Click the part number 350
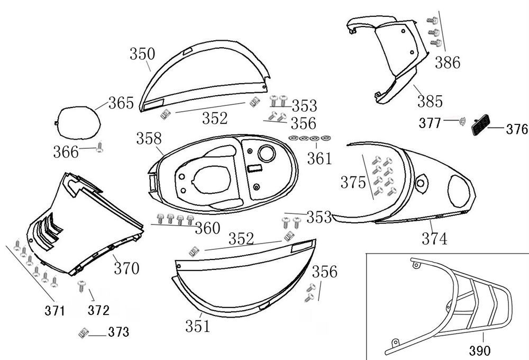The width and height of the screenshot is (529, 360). tap(143, 54)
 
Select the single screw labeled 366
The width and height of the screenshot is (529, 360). tap(99, 150)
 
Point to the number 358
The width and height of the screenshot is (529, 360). tap(149, 139)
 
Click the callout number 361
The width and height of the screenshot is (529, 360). tap(320, 157)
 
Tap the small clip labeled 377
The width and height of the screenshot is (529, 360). tap(461, 122)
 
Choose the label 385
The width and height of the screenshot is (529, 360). tap(430, 101)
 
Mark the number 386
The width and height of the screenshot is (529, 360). tap(448, 62)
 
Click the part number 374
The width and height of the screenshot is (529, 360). tap(435, 239)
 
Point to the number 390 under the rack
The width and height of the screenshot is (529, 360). tap(480, 350)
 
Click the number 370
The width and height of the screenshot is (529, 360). tap(126, 268)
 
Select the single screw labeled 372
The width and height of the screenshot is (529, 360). tap(81, 286)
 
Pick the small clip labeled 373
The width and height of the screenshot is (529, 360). tap(82, 333)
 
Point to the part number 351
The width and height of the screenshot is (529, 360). tap(197, 326)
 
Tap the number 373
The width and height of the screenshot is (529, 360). tap(118, 332)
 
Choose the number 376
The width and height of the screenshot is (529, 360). tap(517, 129)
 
